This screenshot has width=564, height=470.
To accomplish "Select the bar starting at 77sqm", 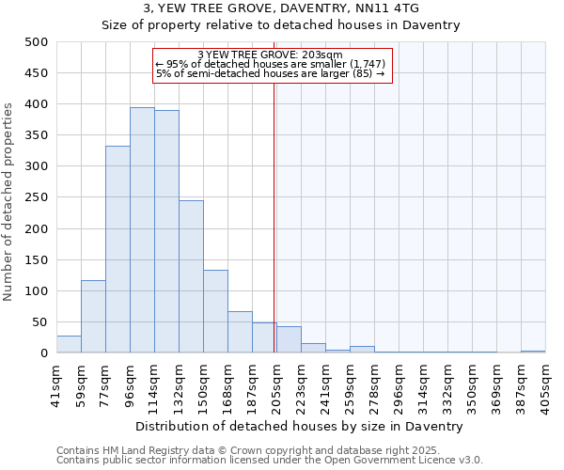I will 117,249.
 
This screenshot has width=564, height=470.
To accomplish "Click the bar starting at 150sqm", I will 215,311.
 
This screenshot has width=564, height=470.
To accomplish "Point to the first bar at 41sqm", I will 69,344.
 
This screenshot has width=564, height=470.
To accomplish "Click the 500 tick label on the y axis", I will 37,42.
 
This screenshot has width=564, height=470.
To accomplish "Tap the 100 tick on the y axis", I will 37,290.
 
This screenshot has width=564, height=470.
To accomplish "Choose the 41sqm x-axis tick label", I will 57,384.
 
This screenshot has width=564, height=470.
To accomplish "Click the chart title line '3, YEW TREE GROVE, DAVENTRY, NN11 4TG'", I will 280,8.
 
